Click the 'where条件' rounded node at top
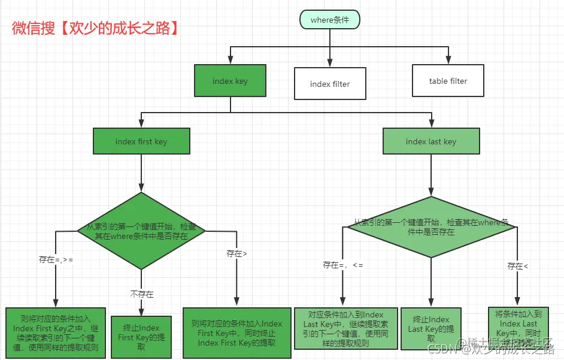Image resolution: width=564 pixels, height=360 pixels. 329,20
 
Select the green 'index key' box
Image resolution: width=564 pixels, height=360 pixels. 230,81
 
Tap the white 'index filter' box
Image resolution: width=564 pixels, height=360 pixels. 329,84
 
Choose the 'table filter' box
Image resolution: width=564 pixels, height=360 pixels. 448,81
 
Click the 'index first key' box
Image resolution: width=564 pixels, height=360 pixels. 141,141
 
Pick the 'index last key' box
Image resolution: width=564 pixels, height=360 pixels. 430,141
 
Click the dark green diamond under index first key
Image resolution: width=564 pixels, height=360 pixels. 141,231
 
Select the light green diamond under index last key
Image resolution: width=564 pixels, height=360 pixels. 430,226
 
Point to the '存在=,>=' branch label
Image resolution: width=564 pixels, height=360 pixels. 56,259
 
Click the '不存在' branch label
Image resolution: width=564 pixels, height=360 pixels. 142,294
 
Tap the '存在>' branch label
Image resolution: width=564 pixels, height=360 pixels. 236,253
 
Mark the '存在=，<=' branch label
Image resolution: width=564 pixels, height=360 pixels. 342,264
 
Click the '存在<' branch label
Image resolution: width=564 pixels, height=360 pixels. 518,266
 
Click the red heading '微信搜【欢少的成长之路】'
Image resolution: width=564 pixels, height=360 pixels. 96,28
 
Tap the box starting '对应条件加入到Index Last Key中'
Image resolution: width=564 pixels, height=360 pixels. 346,328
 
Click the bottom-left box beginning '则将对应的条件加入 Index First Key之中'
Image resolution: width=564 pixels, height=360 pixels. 56,332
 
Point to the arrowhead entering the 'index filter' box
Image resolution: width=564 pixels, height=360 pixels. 329,63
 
